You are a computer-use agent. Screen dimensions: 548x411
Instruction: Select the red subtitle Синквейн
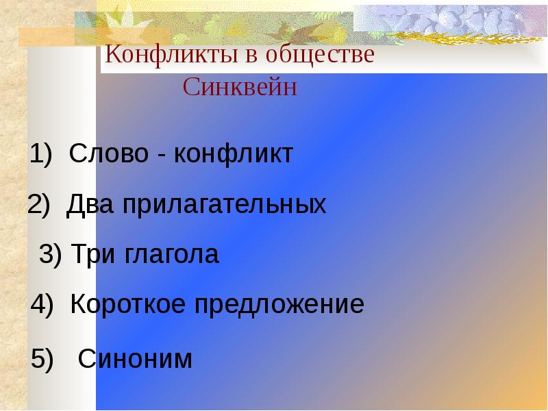click(x=240, y=87)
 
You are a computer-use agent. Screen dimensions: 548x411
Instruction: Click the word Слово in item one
click(x=109, y=153)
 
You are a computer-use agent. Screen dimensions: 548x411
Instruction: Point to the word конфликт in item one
click(x=234, y=153)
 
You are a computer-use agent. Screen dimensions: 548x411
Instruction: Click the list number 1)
click(x=41, y=153)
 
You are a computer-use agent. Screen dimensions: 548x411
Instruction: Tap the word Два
click(x=90, y=203)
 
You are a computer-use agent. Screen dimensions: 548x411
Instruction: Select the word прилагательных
click(x=225, y=204)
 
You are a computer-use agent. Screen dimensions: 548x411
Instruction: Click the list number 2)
click(x=39, y=203)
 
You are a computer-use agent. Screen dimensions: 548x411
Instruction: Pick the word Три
click(x=92, y=254)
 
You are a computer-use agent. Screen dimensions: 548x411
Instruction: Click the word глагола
click(x=172, y=254)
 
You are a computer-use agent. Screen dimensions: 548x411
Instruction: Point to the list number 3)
click(x=50, y=254)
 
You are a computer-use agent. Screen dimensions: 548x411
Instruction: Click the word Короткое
click(x=128, y=303)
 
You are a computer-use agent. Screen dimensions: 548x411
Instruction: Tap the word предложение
click(x=279, y=305)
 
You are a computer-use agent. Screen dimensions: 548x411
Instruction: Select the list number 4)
click(x=42, y=304)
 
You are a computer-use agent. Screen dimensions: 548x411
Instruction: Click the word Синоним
click(x=135, y=358)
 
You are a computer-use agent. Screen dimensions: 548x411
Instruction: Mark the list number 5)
click(x=42, y=358)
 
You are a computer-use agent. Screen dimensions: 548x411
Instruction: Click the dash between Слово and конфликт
click(x=161, y=156)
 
